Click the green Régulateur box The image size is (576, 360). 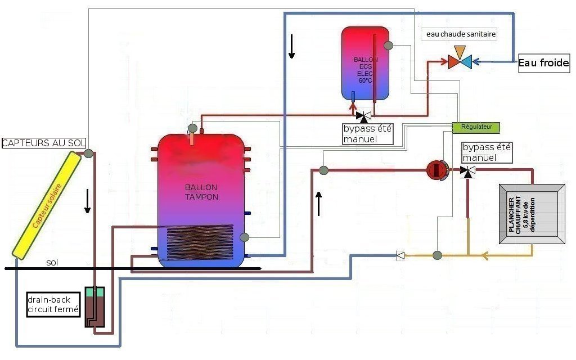tap(476, 127)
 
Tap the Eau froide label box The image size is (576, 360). tap(544, 63)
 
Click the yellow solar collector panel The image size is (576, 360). tap(47, 205)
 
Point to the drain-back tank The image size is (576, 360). tap(94, 307)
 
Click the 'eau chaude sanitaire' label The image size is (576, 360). tap(461, 34)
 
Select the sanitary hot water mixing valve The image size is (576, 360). tap(460, 58)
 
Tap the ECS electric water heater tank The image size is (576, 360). tap(365, 64)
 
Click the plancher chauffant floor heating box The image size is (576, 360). tap(532, 214)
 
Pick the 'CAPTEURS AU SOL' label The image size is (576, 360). tap(44, 143)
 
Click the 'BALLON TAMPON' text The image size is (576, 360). tap(201, 192)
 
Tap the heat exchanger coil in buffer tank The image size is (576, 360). tap(200, 242)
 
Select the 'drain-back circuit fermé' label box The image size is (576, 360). tap(53, 304)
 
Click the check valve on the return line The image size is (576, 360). tap(400, 255)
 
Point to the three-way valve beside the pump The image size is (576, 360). tap(467, 171)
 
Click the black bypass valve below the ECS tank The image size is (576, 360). tap(364, 116)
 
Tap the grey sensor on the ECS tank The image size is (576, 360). tap(388, 46)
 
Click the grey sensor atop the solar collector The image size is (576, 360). tap(88, 153)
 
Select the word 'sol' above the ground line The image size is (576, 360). tap(52, 262)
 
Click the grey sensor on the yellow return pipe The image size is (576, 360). tap(437, 255)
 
